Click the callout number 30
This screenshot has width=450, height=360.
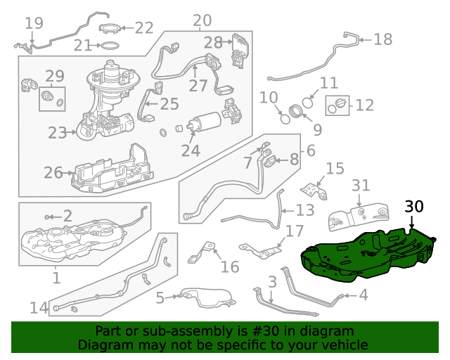[x=414, y=207]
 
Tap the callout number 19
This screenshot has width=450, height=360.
[x=34, y=23]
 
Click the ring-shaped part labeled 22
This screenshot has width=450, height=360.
[x=110, y=29]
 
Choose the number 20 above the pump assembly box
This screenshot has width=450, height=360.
[x=201, y=20]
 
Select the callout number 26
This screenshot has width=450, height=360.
[x=53, y=173]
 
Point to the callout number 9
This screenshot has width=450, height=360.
[x=317, y=129]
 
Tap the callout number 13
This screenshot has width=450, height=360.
[x=304, y=210]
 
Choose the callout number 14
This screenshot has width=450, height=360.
[x=39, y=307]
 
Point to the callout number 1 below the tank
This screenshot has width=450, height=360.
[x=56, y=278]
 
